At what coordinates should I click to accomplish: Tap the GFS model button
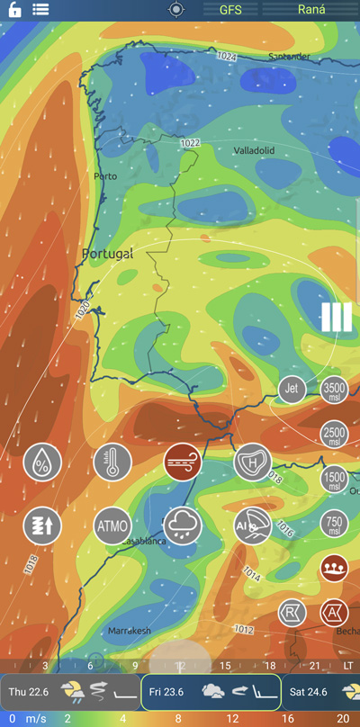[230, 9]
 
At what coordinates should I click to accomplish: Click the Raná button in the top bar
[311, 9]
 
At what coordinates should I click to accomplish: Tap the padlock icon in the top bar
[14, 9]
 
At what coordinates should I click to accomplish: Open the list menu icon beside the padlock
[40, 9]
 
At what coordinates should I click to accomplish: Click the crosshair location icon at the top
[175, 9]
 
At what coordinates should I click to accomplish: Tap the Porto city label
[105, 176]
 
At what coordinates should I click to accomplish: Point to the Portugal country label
[107, 255]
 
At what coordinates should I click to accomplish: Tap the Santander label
[289, 56]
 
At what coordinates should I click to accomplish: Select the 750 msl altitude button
[334, 523]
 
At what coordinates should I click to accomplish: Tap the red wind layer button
[183, 462]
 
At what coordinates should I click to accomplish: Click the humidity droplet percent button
[42, 462]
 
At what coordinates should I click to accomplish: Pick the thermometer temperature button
[112, 462]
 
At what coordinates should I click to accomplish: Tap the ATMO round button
[112, 525]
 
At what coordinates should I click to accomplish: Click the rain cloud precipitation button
[183, 525]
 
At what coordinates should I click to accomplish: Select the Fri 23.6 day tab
[210, 692]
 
